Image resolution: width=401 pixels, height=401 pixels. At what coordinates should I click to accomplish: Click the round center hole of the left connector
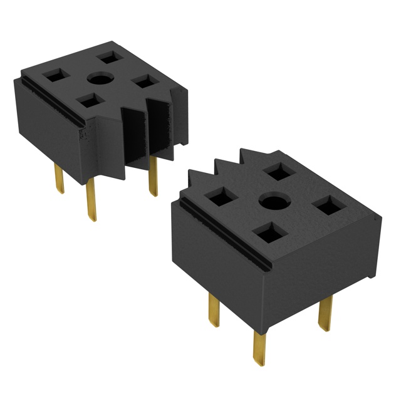tap(98, 79)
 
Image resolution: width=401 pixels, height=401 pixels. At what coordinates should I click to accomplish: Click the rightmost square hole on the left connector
tap(144, 81)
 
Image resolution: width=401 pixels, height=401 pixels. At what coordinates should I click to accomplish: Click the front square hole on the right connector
tap(268, 234)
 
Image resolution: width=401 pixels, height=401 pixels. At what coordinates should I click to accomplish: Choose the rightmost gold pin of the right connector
tap(324, 313)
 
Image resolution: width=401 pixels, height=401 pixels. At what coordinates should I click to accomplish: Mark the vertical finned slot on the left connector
tap(145, 135)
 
